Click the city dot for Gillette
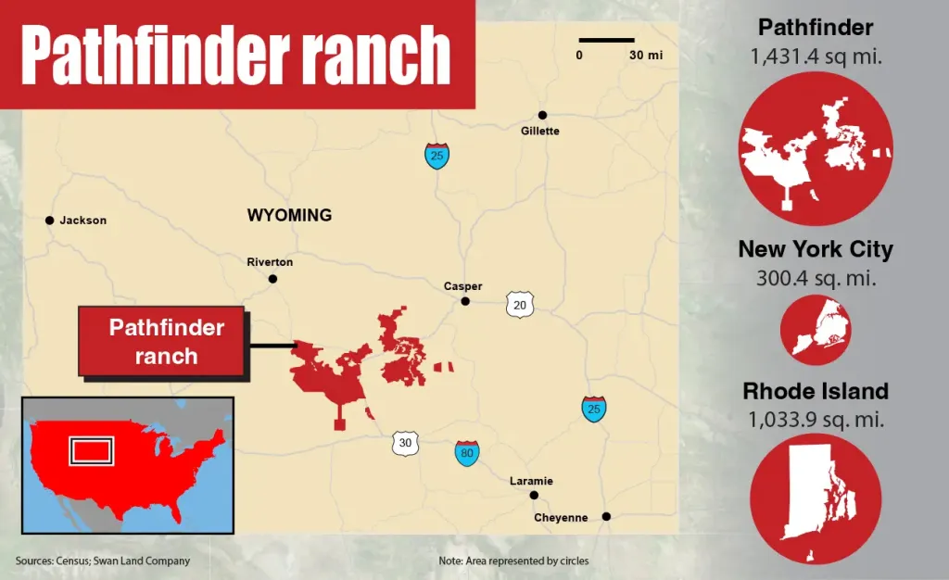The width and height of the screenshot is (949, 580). [x=542, y=115]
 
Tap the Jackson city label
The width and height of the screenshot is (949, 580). [x=82, y=221]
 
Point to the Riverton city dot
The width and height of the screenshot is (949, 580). [x=272, y=279]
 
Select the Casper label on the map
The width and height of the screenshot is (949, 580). [x=462, y=286]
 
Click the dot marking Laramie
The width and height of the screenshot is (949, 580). [x=534, y=496]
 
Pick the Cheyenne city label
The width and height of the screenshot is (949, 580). [x=561, y=518]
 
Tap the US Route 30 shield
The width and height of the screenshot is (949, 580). [x=405, y=443]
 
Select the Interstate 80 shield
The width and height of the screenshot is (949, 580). [x=467, y=453]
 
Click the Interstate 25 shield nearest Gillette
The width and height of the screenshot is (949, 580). [x=437, y=156]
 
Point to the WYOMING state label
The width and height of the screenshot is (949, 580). [x=289, y=215]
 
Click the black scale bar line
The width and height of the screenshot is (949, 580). [x=606, y=40]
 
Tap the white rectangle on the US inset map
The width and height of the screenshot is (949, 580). [x=93, y=451]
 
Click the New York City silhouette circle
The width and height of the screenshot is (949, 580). [x=816, y=329]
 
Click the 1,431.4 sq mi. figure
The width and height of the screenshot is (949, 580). [x=816, y=57]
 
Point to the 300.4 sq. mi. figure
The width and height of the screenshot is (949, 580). [x=816, y=277]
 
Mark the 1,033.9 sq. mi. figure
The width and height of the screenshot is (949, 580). [x=816, y=419]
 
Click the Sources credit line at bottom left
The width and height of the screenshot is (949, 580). [x=103, y=561]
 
